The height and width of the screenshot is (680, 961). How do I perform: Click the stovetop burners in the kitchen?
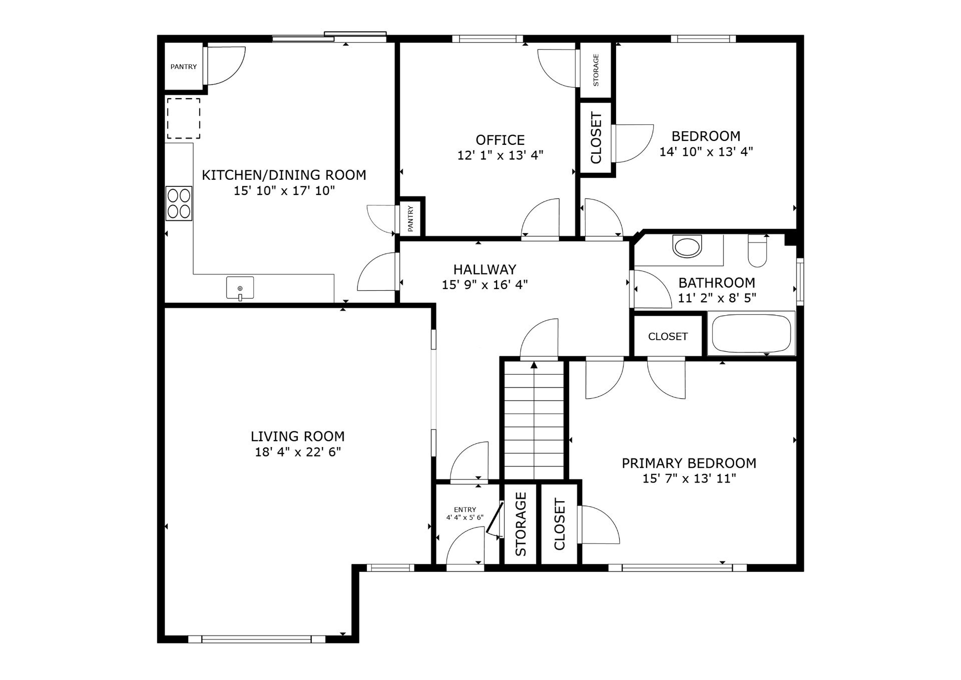(x=179, y=203)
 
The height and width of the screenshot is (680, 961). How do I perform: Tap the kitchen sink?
(x=240, y=288)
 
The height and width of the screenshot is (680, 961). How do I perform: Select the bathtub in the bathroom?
(x=751, y=333)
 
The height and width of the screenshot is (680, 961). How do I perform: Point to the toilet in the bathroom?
(x=757, y=251)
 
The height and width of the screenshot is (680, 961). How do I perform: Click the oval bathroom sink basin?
(x=687, y=247)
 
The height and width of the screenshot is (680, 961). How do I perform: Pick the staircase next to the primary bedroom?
(x=534, y=419)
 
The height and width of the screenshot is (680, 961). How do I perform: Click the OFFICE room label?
(x=500, y=140)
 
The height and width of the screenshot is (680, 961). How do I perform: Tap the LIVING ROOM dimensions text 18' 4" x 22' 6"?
(x=298, y=452)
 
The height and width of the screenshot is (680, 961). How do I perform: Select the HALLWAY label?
(x=485, y=269)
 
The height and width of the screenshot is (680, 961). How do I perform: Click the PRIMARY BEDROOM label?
(x=689, y=463)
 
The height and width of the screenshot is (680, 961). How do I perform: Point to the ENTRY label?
(x=465, y=510)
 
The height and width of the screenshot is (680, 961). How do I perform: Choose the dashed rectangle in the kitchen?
(x=184, y=118)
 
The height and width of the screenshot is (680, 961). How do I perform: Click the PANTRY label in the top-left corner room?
(x=184, y=67)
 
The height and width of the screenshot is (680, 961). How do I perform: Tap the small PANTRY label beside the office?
(x=410, y=218)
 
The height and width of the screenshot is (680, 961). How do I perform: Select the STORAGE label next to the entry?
(x=521, y=524)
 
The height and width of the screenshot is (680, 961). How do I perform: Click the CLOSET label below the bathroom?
(x=668, y=336)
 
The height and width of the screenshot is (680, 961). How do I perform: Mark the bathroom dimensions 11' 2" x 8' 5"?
(x=717, y=298)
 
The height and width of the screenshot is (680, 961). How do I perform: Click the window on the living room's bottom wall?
(x=257, y=639)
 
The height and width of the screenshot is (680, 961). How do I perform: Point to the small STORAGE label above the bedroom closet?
(x=596, y=70)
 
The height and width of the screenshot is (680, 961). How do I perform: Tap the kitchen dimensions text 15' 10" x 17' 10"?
(x=284, y=190)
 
